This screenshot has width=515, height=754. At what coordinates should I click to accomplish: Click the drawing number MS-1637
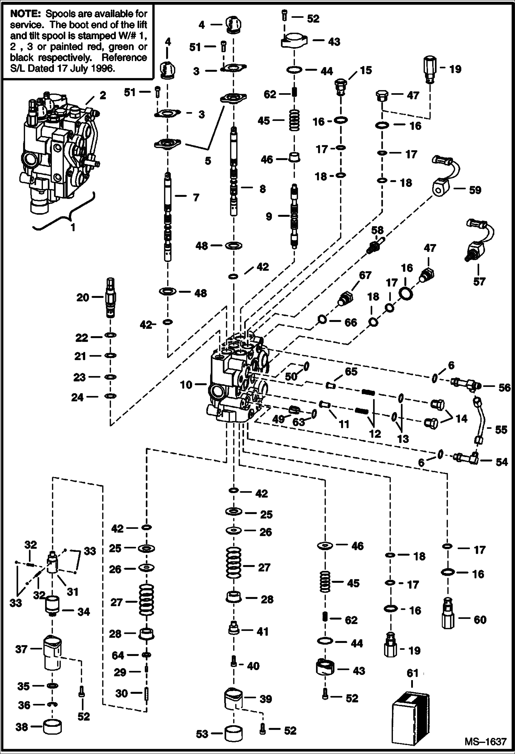point(485,742)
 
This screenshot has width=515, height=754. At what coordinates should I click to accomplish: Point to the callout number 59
point(475,190)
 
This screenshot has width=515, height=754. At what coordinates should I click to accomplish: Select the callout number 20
point(83,297)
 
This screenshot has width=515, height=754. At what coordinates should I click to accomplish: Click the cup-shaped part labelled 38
point(53,728)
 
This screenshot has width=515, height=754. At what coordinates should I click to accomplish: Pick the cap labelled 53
point(234,734)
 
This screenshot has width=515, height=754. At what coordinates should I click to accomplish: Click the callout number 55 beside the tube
point(501,430)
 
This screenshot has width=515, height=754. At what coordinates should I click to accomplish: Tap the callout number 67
point(365,275)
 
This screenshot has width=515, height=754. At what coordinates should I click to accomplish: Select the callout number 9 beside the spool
point(269,216)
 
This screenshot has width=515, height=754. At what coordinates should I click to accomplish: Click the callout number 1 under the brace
point(73,227)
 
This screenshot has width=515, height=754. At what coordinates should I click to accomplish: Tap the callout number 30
point(121,693)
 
